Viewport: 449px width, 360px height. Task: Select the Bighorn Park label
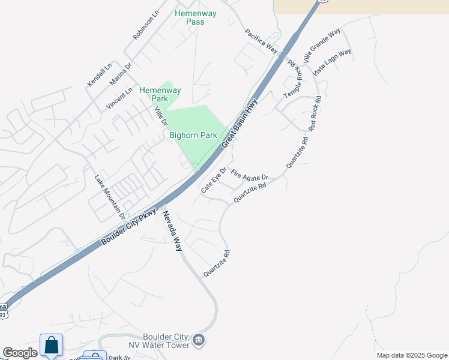pyautogui.click(x=193, y=136)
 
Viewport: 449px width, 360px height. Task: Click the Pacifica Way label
pyautogui.click(x=261, y=40)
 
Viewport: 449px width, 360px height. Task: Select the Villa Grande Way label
pyautogui.click(x=322, y=45)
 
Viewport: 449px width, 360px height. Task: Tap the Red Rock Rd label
pyautogui.click(x=315, y=114)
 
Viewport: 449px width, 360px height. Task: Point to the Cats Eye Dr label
pyautogui.click(x=214, y=179)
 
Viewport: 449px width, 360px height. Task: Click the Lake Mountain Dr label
pyautogui.click(x=110, y=196)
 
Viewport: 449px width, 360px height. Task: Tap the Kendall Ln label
pyautogui.click(x=100, y=74)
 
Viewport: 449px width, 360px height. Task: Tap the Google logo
pyautogui.click(x=20, y=353)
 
